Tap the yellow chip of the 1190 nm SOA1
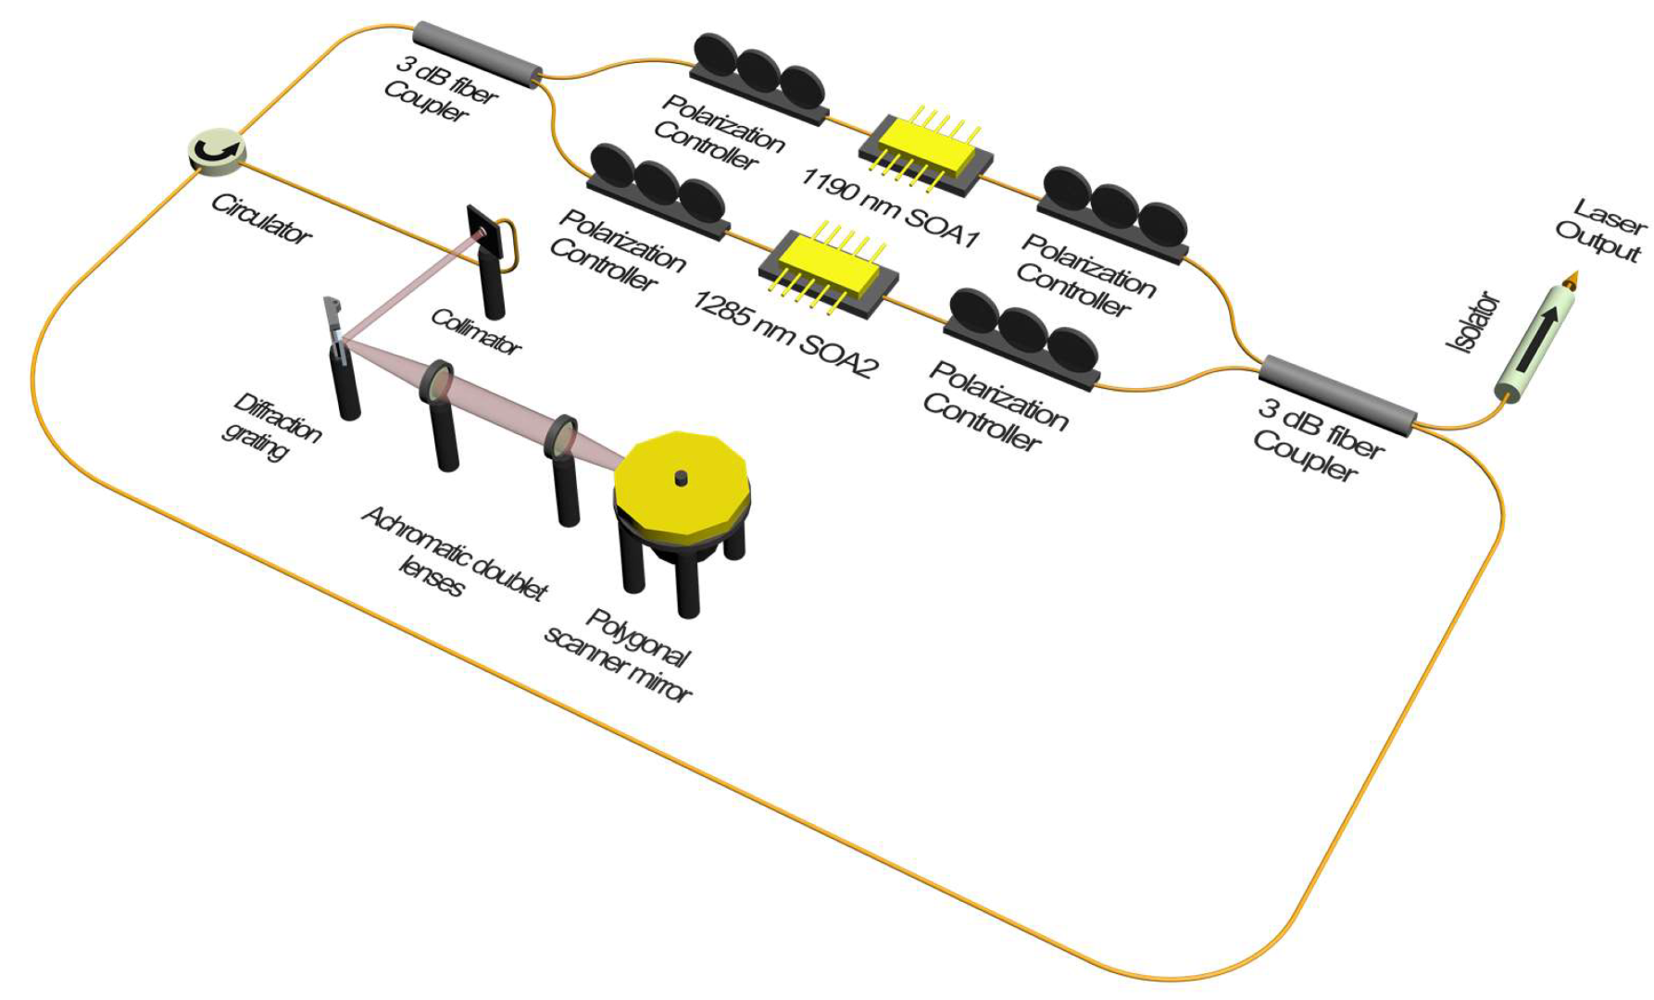click(921, 152)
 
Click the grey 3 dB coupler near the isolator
click(1337, 394)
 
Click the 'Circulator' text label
click(261, 219)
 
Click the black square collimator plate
click(485, 231)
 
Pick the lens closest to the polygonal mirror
click(561, 437)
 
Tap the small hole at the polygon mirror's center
click(681, 478)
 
